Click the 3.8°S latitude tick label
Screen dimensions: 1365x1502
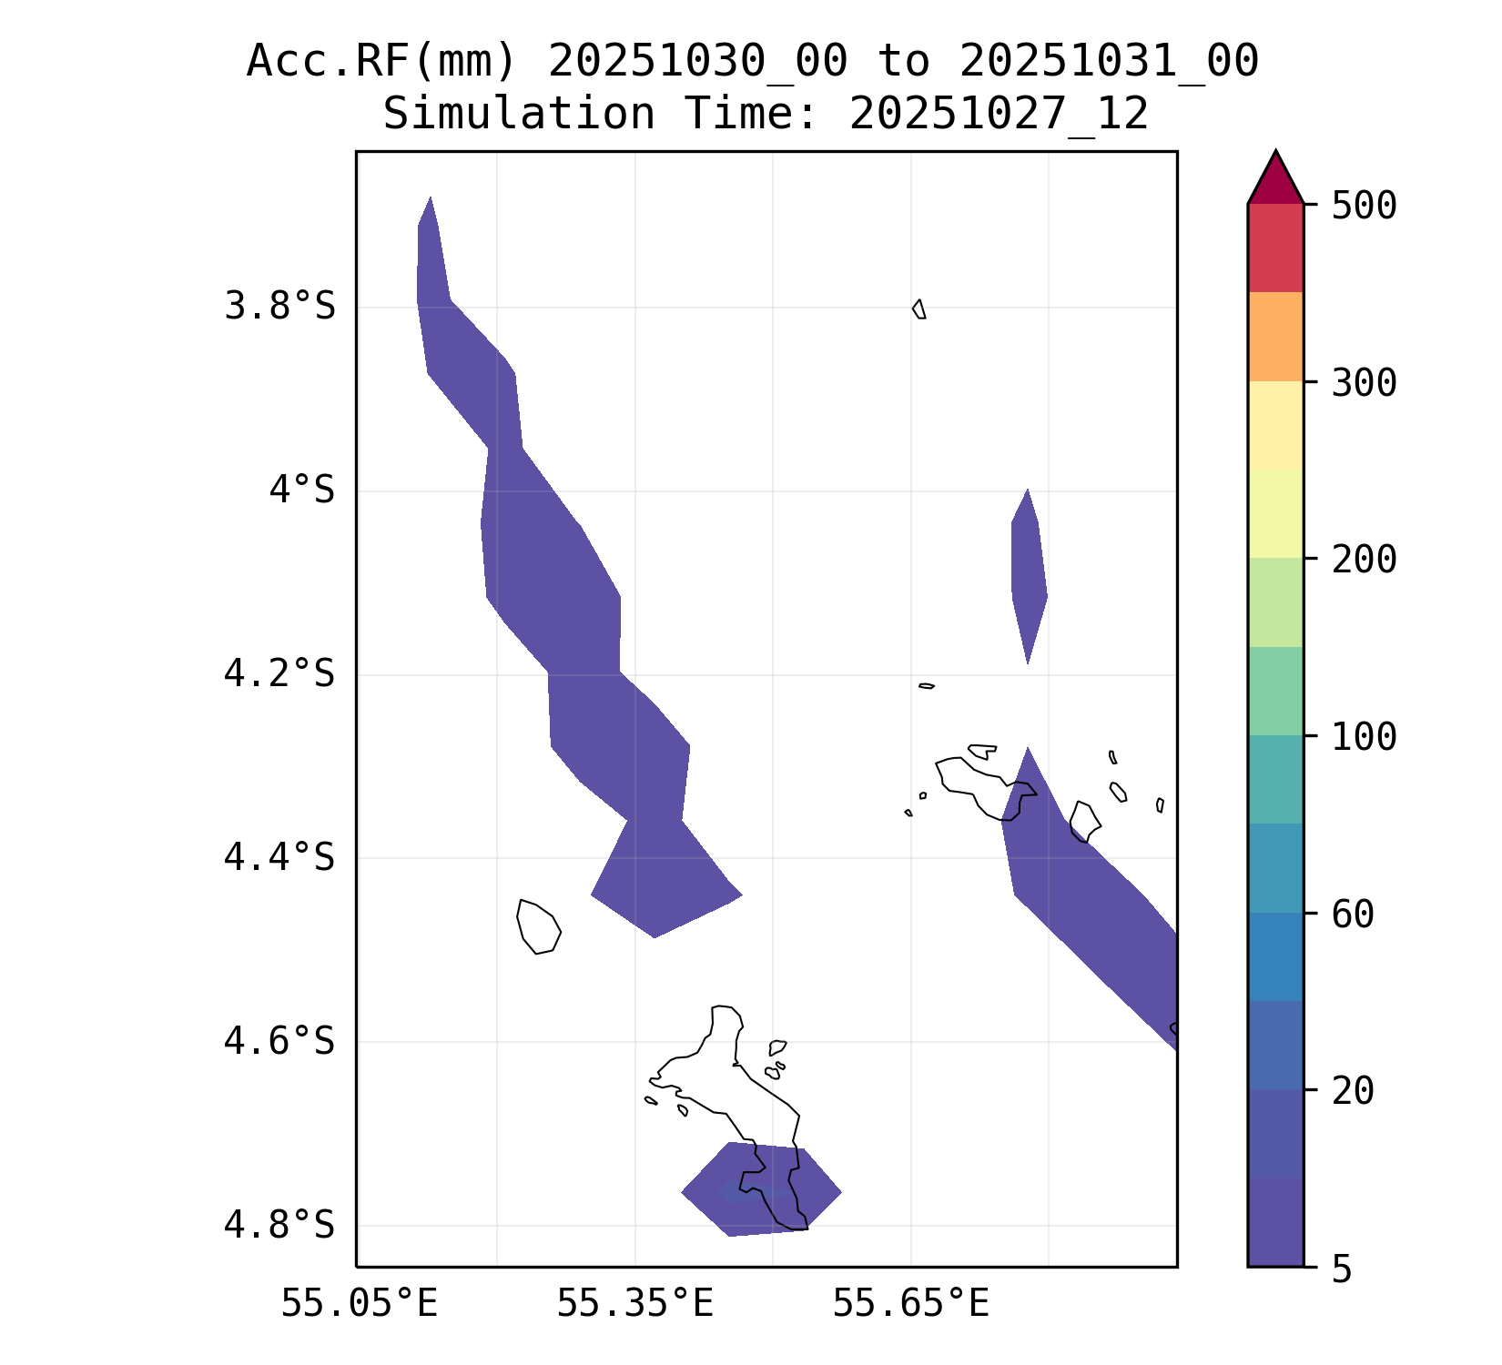(x=279, y=307)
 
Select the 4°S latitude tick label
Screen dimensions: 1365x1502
(x=301, y=490)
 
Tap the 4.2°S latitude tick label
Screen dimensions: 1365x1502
(x=279, y=674)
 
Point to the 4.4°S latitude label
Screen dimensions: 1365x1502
(x=279, y=857)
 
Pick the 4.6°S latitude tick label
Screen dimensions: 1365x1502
(x=279, y=1041)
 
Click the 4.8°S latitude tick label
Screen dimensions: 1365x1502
(x=279, y=1225)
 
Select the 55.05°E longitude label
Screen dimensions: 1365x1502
(x=359, y=1303)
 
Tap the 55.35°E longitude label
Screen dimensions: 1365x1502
(x=634, y=1303)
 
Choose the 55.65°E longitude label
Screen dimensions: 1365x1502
(x=910, y=1303)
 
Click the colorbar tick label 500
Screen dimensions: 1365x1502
(x=1364, y=206)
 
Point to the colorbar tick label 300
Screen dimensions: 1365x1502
(x=1364, y=383)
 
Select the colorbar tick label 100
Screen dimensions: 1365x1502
(x=1364, y=737)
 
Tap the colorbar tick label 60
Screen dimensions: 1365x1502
(x=1353, y=915)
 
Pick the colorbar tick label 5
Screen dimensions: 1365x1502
(x=1342, y=1269)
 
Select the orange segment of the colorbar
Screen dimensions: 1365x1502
(x=1275, y=337)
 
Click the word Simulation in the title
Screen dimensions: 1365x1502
(x=518, y=115)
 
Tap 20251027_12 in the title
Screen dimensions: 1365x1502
(x=999, y=115)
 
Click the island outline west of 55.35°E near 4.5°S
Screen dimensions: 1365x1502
(x=538, y=926)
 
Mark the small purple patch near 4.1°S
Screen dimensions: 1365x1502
(x=1029, y=573)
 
